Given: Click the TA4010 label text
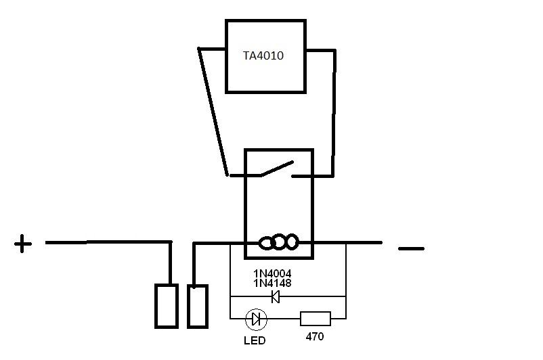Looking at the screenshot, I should tap(263, 56).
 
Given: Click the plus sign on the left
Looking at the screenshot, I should tap(23, 244).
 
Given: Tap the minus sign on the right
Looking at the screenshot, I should tap(411, 248).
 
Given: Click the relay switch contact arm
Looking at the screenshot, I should tap(276, 168).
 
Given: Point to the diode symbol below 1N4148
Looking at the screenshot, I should tap(276, 296).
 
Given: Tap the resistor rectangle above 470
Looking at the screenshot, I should tap(315, 318).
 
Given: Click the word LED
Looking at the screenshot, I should tap(255, 340).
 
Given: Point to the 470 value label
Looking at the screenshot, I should tap(315, 336).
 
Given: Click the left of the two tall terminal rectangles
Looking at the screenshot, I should tap(167, 306).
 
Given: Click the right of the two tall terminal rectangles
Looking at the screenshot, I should tap(197, 306).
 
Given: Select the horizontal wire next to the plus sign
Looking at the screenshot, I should tap(108, 242).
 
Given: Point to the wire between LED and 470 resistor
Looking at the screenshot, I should tap(284, 318).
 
